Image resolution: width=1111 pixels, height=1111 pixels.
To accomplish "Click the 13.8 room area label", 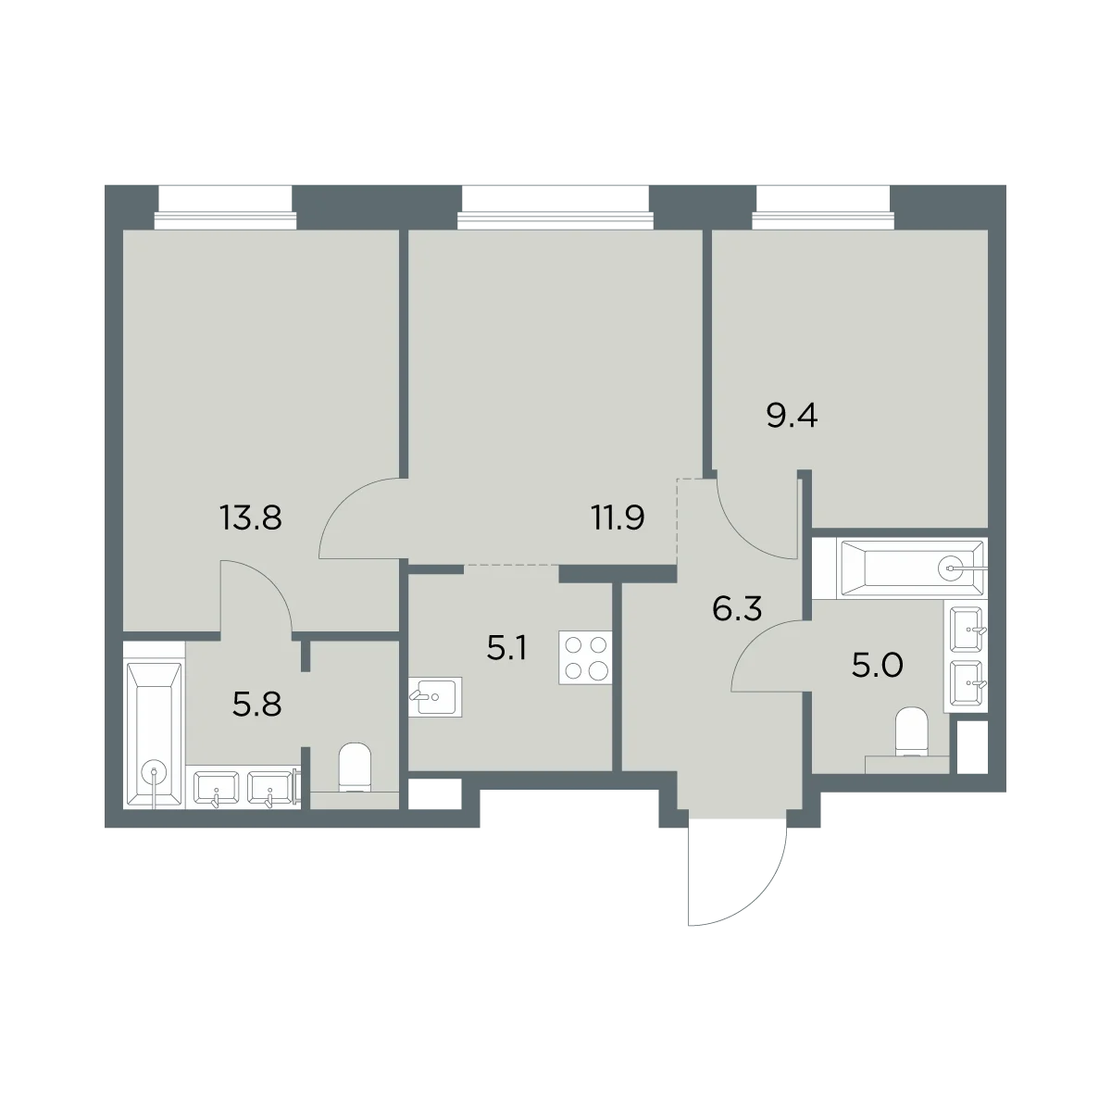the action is (x=251, y=518).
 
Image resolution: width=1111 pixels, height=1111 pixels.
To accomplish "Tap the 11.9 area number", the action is (x=618, y=518).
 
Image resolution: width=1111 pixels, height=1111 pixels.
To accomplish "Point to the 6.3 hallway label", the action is (x=737, y=609).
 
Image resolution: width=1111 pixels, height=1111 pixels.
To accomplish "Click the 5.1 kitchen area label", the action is (x=506, y=650).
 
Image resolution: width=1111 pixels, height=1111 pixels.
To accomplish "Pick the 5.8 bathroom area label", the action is (x=257, y=704).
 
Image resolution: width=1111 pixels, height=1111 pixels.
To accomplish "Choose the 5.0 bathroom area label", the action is (x=877, y=666).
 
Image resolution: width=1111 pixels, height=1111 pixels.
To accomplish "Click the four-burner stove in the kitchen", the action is (x=585, y=657).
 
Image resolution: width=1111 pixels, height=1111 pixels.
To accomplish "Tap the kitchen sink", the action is (x=435, y=696).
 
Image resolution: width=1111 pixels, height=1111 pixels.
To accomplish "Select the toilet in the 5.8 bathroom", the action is (x=354, y=768).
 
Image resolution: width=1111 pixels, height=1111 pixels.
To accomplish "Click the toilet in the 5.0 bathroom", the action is (x=912, y=731).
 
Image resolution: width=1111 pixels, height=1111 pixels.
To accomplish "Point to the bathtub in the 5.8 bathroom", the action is (x=154, y=735).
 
